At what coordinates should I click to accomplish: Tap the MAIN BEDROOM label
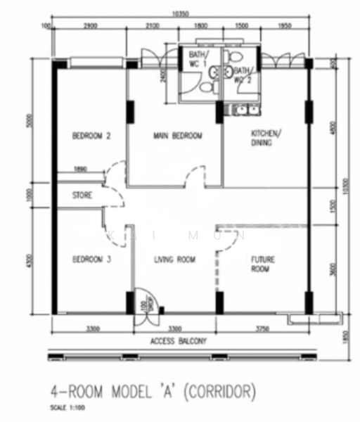pyautogui.click(x=177, y=136)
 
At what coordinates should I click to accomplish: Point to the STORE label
pyautogui.click(x=82, y=196)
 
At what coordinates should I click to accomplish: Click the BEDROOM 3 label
pyautogui.click(x=92, y=260)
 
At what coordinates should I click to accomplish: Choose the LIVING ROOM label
pyautogui.click(x=174, y=260)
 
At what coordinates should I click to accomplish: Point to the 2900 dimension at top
pyautogui.click(x=89, y=26)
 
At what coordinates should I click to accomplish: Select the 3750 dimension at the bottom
pyautogui.click(x=262, y=327)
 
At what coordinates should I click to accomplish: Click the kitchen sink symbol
pyautogui.click(x=240, y=109)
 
